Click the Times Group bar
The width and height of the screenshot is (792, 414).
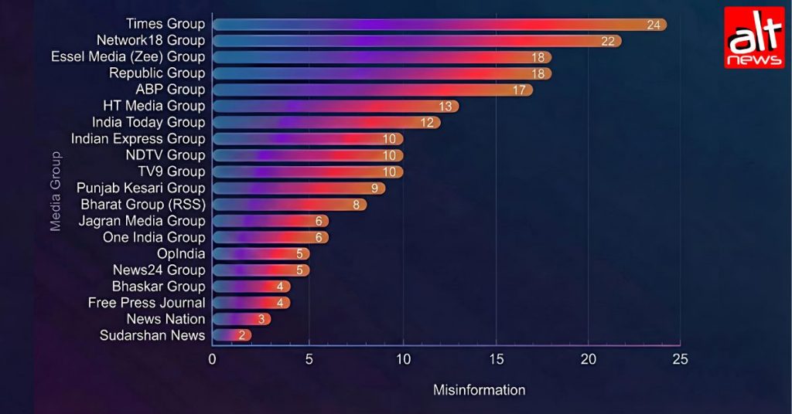[x=439, y=24]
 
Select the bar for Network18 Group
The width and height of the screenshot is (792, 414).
[x=417, y=41]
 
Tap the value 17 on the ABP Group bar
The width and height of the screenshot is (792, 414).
[x=519, y=90]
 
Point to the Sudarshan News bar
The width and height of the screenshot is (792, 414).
[x=232, y=335]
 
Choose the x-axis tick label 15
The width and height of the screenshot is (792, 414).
[x=496, y=359]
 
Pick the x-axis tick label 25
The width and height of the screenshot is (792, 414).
[x=681, y=359]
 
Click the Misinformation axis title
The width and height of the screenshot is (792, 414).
[x=479, y=390]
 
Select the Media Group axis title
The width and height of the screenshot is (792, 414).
[x=55, y=191]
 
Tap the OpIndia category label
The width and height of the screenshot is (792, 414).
[x=181, y=253]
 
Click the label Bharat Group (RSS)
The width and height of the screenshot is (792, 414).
[x=143, y=204]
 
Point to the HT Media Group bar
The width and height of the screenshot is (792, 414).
[x=336, y=107]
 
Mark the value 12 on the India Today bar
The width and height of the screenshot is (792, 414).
[x=427, y=123]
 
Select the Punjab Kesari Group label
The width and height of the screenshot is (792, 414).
[x=141, y=188]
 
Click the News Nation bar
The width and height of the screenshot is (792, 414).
[x=241, y=319]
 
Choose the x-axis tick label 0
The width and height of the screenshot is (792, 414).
[x=212, y=359]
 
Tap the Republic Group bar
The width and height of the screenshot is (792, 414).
[x=382, y=73]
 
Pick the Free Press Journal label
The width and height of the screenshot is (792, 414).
[x=146, y=303]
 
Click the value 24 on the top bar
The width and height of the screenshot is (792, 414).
[x=654, y=25]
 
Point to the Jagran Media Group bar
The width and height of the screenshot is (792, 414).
[x=270, y=221]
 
